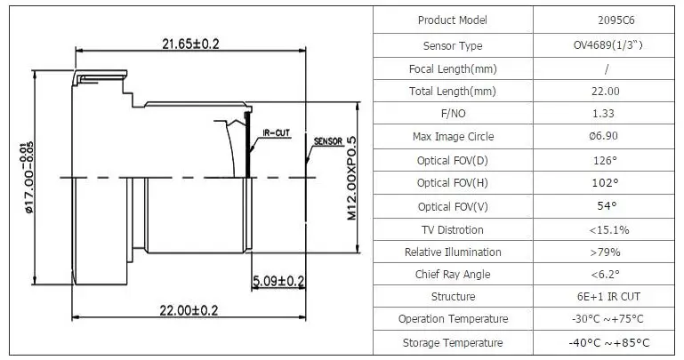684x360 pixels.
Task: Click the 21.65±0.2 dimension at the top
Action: click(190, 44)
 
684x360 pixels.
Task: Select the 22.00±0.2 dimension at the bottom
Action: click(189, 310)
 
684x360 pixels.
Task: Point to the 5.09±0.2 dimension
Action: click(278, 281)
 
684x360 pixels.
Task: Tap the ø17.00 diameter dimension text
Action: click(28, 178)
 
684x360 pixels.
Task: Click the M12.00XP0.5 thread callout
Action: click(351, 179)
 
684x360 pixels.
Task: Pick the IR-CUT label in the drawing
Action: click(276, 132)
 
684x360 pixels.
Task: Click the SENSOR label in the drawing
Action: click(328, 141)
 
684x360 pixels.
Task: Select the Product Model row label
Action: click(453, 20)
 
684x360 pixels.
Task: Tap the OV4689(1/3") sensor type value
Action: click(608, 45)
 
